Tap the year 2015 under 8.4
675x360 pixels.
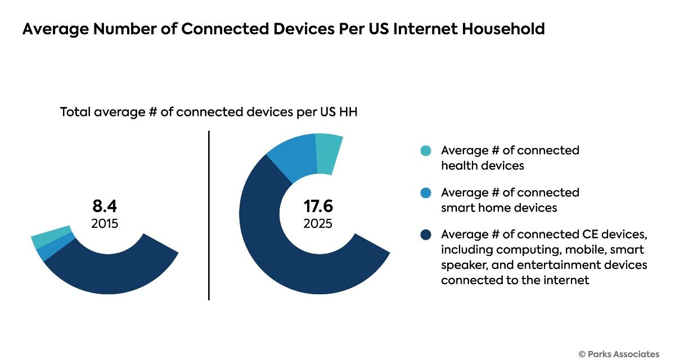point(105,223)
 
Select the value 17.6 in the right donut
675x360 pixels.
point(318,206)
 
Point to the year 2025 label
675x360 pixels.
point(318,223)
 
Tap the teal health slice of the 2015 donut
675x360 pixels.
point(51,237)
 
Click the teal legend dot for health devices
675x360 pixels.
point(426,151)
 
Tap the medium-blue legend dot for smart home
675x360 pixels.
point(426,193)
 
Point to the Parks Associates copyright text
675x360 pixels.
point(618,353)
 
